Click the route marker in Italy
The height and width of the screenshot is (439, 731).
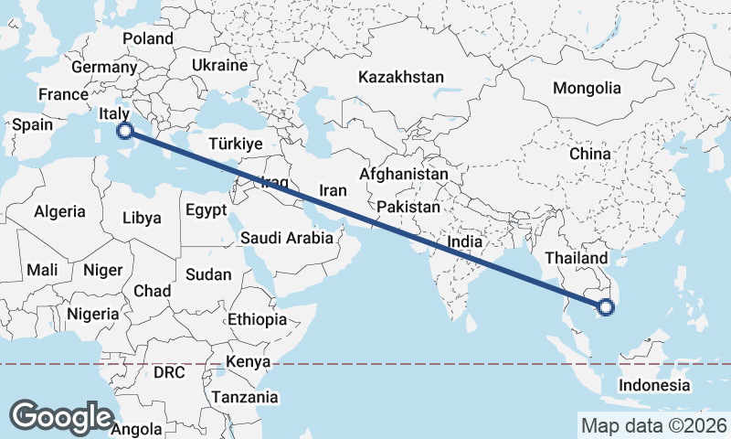(x=126, y=131)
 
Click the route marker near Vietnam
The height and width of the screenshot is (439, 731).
(x=605, y=307)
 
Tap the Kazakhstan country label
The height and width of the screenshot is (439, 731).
(x=401, y=77)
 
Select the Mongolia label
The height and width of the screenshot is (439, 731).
(x=587, y=89)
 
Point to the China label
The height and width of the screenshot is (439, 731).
(x=589, y=154)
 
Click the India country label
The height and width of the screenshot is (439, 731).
(x=465, y=242)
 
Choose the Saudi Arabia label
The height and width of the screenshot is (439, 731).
(x=287, y=238)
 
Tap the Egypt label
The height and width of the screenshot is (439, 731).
(x=206, y=210)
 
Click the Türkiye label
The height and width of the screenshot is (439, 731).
(x=235, y=145)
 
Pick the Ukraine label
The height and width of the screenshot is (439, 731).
(x=219, y=66)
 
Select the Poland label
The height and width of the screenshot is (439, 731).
(x=147, y=38)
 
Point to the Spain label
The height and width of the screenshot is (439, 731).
(x=32, y=125)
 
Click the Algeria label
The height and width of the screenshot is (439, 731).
(x=59, y=211)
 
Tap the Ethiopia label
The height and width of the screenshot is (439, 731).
(x=258, y=320)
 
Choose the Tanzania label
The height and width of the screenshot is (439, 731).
(x=245, y=397)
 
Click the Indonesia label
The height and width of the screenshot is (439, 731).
(x=654, y=385)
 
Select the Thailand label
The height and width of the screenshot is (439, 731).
(x=577, y=259)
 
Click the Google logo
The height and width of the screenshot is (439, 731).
(x=61, y=416)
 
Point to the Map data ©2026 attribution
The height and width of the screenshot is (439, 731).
(x=653, y=425)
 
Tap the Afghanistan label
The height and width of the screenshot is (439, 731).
(x=404, y=174)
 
